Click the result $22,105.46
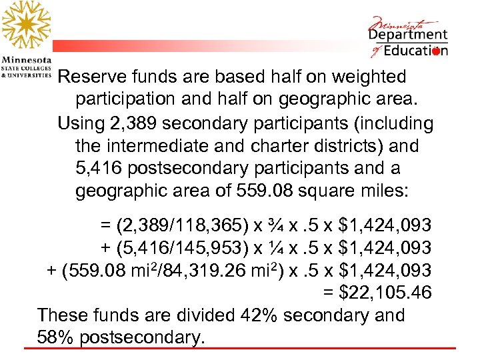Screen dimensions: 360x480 [377, 293]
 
